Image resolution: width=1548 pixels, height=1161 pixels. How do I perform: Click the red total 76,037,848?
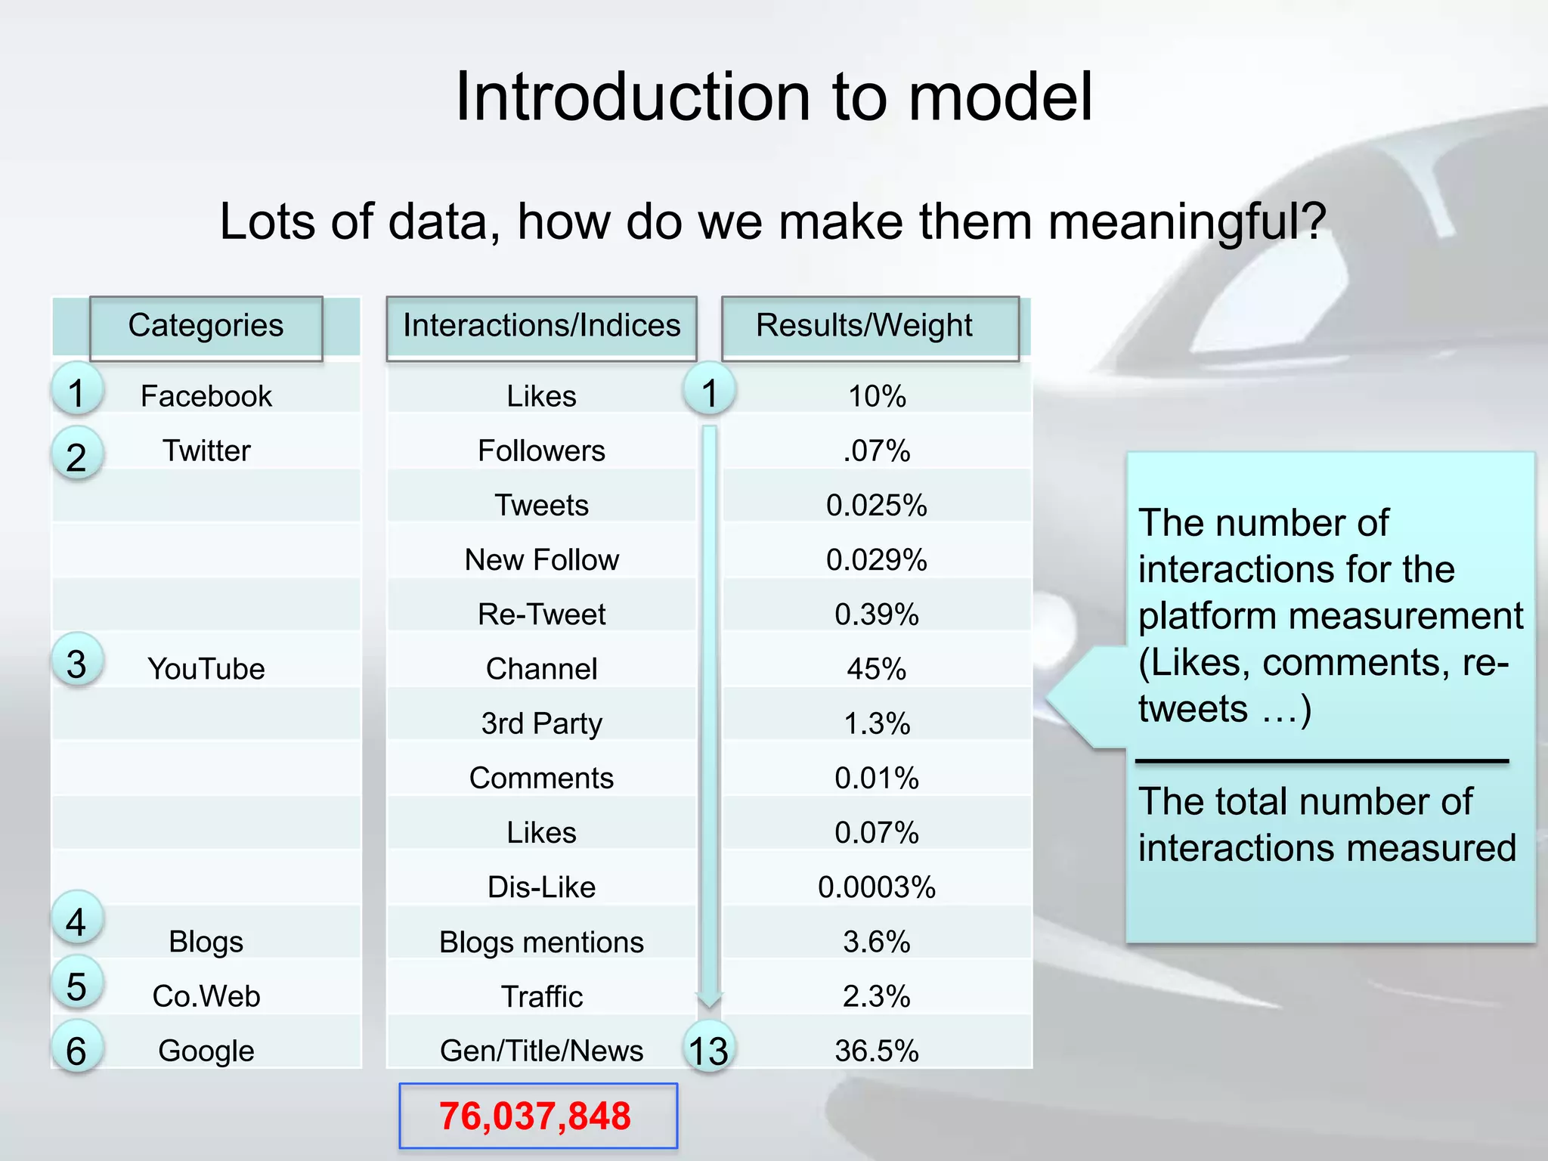point(535,1116)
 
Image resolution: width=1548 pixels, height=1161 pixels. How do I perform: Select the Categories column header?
point(206,327)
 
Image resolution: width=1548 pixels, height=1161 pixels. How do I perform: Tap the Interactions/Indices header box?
point(541,327)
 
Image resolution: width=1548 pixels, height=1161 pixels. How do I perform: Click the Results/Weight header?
point(865,327)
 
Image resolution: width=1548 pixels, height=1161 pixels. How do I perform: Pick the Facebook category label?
point(206,396)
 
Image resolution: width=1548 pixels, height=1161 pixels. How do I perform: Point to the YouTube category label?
point(206,669)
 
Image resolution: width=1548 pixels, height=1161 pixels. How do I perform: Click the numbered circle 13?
point(708,1050)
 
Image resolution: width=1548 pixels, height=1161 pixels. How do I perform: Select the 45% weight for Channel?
point(876,669)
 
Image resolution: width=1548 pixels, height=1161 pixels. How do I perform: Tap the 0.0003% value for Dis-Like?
point(876,887)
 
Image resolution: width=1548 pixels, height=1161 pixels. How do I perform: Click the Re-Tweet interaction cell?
point(541,615)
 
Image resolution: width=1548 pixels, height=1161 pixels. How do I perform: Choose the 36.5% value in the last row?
point(876,1051)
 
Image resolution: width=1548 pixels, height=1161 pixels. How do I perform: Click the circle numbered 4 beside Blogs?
point(76,921)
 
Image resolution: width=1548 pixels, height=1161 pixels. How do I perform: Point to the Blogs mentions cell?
point(541,942)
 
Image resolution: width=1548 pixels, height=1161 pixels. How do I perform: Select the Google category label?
point(206,1051)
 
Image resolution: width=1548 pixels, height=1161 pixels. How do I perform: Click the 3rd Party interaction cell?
point(541,723)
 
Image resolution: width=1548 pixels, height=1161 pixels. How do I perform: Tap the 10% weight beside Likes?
point(876,396)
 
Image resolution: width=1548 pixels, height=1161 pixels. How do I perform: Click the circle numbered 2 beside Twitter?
point(76,457)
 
